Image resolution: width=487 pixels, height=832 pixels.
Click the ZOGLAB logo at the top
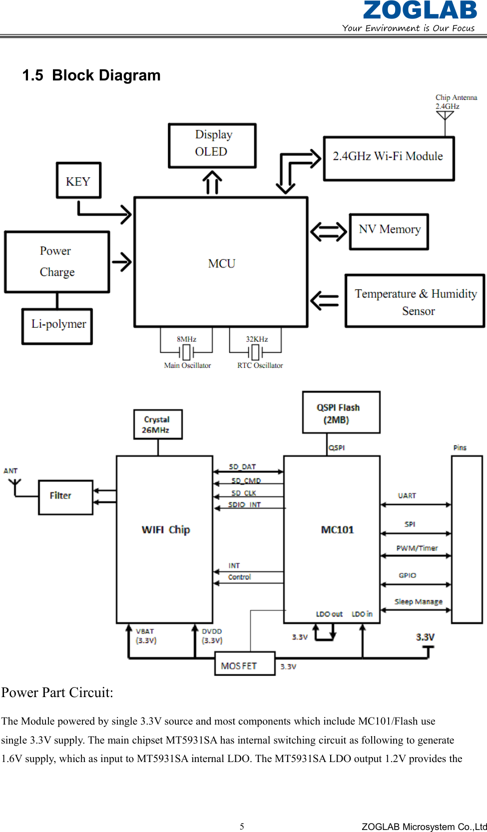[x=420, y=11]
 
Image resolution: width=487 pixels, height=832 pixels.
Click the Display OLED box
[x=212, y=145]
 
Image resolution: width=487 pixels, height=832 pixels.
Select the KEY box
[x=78, y=180]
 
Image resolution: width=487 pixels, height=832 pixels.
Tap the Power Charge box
[x=57, y=261]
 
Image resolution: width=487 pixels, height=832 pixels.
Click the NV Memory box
[x=389, y=231]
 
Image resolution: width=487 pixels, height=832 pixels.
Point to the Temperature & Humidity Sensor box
[x=415, y=301]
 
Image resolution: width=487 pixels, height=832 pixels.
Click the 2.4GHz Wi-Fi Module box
[x=389, y=158]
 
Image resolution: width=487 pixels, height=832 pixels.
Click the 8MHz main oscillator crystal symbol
[x=186, y=352]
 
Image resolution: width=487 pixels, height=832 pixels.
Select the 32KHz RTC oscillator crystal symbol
[x=255, y=352]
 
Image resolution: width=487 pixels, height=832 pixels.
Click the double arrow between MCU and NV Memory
[x=328, y=231]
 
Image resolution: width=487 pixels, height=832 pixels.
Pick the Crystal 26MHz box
[x=158, y=424]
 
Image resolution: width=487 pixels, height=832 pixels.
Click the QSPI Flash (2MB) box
[x=341, y=412]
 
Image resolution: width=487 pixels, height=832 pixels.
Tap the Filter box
[x=65, y=497]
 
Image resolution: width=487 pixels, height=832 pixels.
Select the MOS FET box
[x=245, y=664]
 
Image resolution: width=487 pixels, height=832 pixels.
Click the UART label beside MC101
[x=407, y=496]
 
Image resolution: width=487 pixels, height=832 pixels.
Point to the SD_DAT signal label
[x=242, y=467]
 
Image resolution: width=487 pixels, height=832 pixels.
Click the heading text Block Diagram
[x=106, y=75]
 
